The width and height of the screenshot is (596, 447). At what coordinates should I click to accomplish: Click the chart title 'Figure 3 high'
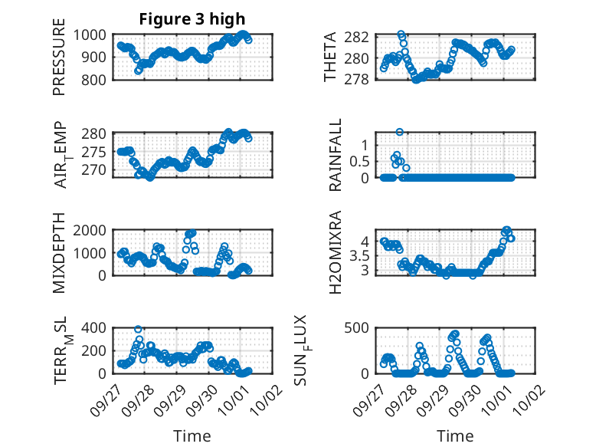pos(192,19)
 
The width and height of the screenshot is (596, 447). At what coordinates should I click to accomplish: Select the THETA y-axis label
pos(329,58)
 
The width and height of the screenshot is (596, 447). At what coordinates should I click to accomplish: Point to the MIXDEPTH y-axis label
pos(59,253)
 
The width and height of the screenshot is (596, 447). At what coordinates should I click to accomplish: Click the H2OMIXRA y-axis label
pos(335,253)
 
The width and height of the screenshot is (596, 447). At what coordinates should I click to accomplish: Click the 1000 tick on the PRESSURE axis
pos(92,35)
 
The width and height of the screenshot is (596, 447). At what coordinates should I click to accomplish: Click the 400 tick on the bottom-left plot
pos(95,328)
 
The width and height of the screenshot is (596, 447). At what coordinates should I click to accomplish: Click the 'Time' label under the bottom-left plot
pos(192,435)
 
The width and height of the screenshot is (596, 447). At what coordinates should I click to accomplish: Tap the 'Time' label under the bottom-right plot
pos(455,435)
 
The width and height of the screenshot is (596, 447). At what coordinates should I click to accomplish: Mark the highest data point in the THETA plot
pos(401,35)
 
